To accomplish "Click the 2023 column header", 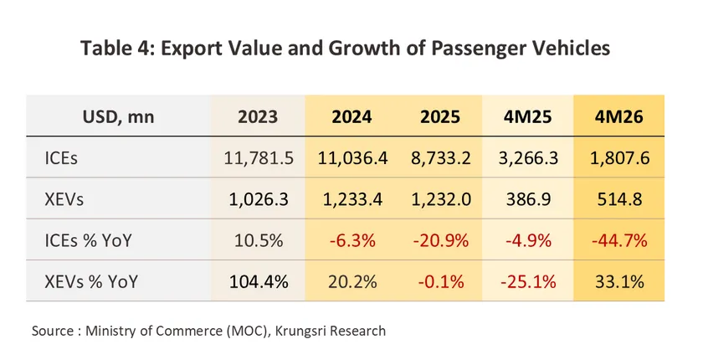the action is coord(258,116).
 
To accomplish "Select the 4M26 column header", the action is coord(619,116).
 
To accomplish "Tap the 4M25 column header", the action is coord(528,116).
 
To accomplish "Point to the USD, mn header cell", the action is coord(118,117).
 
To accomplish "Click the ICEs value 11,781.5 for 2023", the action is coord(259,158).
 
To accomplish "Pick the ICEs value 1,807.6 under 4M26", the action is coord(619,158).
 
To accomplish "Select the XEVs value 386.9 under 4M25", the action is coord(529,199).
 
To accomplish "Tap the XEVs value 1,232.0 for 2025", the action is coord(441,199).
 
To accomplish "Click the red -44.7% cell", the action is coord(619,241).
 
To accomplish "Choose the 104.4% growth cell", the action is coord(259,282).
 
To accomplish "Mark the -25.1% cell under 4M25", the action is coord(528,282).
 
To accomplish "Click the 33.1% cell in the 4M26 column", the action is coord(619,282).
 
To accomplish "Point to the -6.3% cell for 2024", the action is coord(352,241).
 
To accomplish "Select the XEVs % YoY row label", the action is coord(91,282).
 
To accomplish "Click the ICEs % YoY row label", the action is coord(89,241).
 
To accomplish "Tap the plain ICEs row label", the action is coord(61,158).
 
